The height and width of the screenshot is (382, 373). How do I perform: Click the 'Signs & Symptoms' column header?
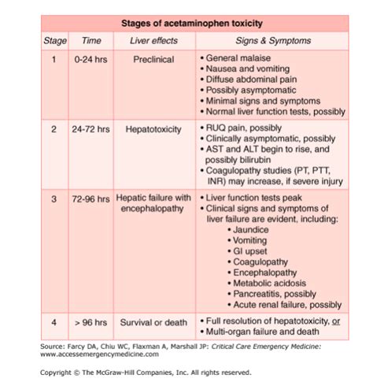click(272, 40)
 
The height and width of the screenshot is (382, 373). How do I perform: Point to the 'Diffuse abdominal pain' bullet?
click(253, 80)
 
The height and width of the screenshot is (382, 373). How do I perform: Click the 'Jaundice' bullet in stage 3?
click(253, 228)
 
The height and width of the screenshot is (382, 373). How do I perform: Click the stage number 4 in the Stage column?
click(54, 321)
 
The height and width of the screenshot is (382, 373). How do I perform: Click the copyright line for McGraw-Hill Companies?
click(146, 372)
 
